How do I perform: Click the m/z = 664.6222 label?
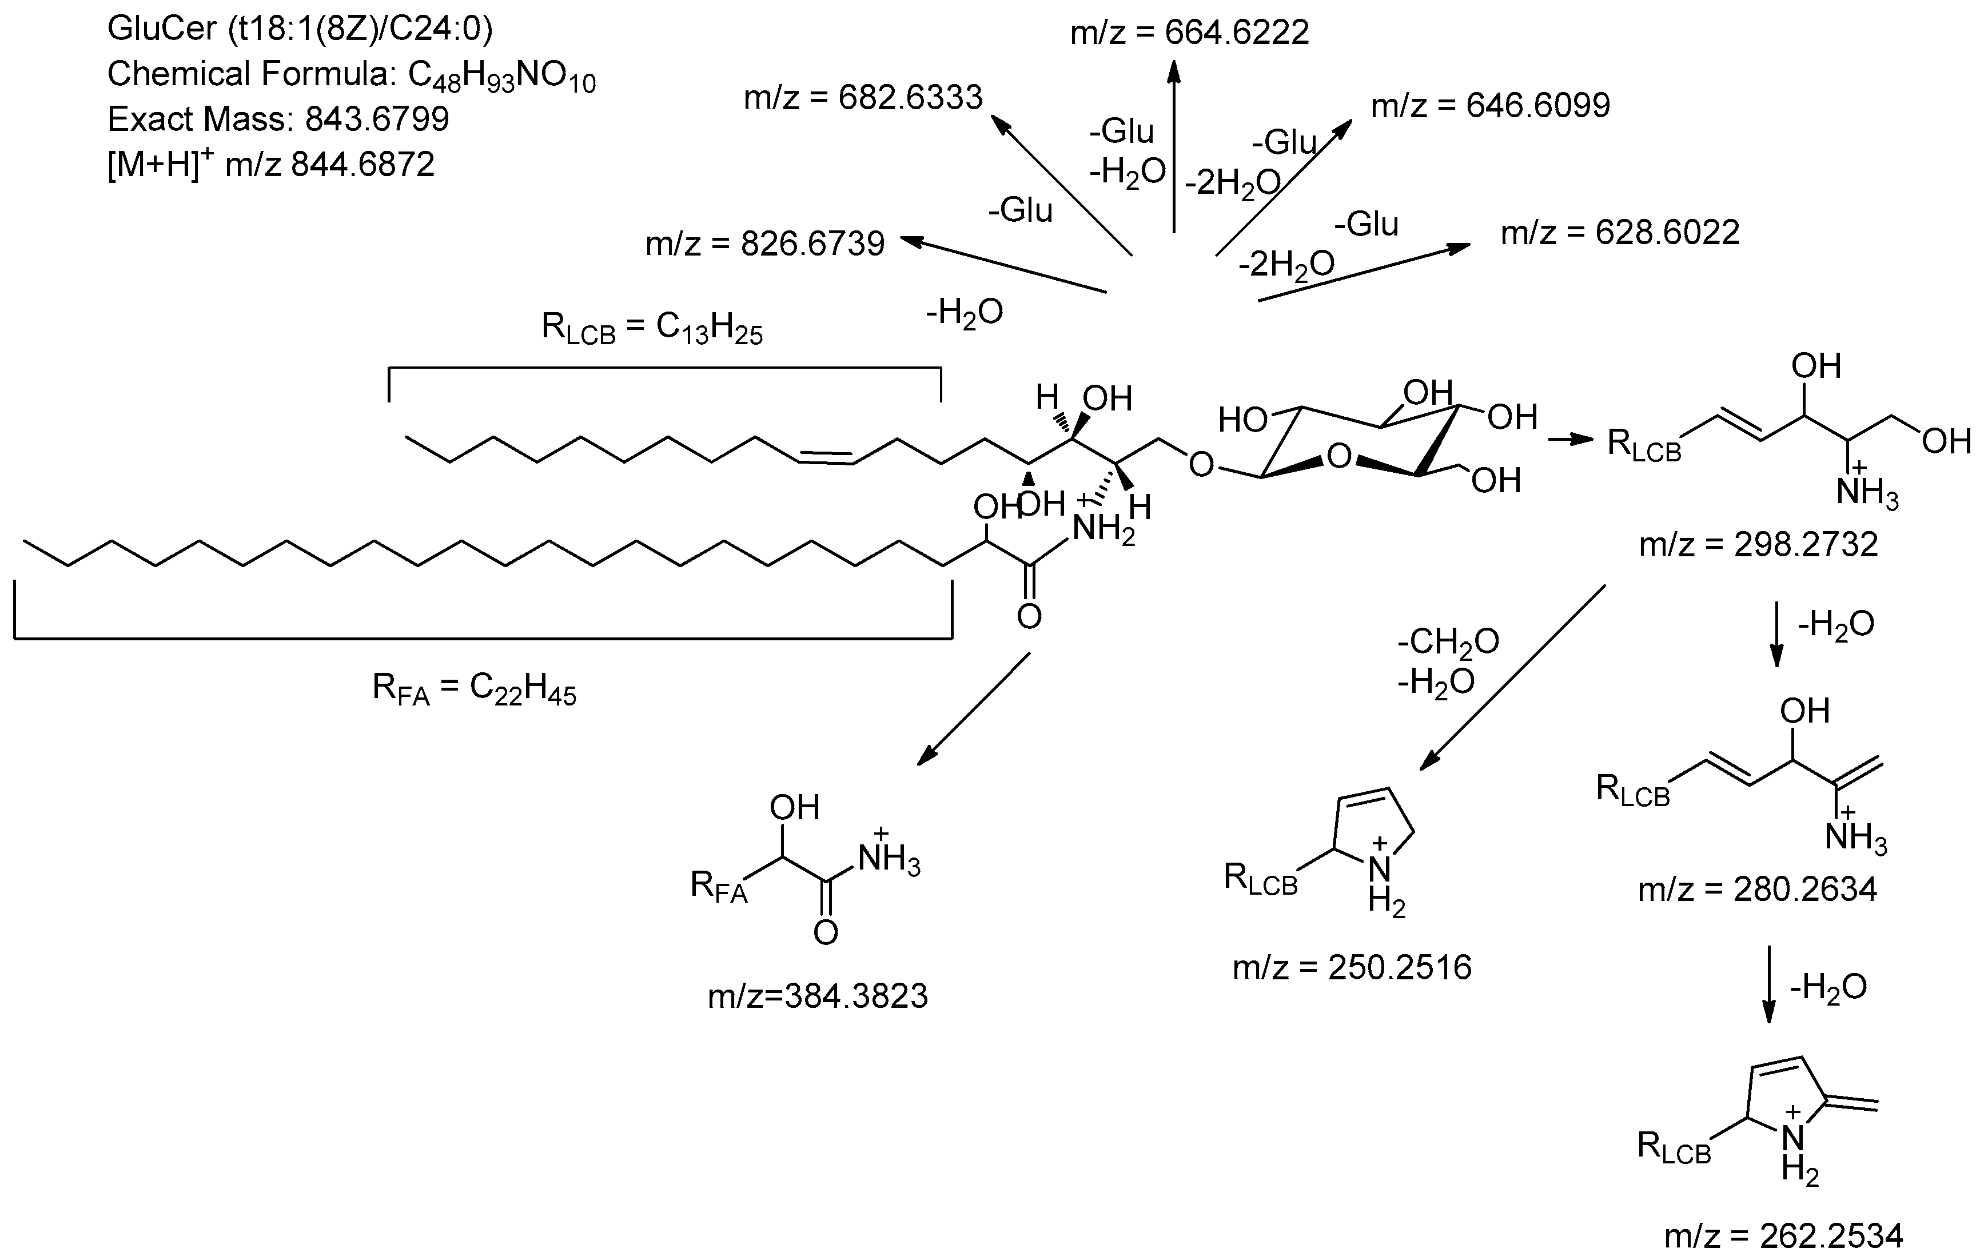click(x=1189, y=33)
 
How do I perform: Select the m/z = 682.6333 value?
click(x=863, y=98)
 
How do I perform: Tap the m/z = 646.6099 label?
click(x=1491, y=106)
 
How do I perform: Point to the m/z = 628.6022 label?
click(x=1620, y=233)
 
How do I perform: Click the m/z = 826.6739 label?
click(x=764, y=244)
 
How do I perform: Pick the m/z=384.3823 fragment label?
click(x=818, y=996)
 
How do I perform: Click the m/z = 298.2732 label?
click(x=1759, y=544)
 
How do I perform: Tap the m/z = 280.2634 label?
click(x=1757, y=890)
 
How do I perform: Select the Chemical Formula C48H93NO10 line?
click(x=351, y=75)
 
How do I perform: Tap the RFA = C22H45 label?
click(x=475, y=689)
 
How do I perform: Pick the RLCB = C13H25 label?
click(x=652, y=328)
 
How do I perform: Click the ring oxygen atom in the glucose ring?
click(x=1340, y=455)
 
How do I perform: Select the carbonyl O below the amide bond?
click(x=1030, y=616)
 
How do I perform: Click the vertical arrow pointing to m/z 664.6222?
click(x=1174, y=148)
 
